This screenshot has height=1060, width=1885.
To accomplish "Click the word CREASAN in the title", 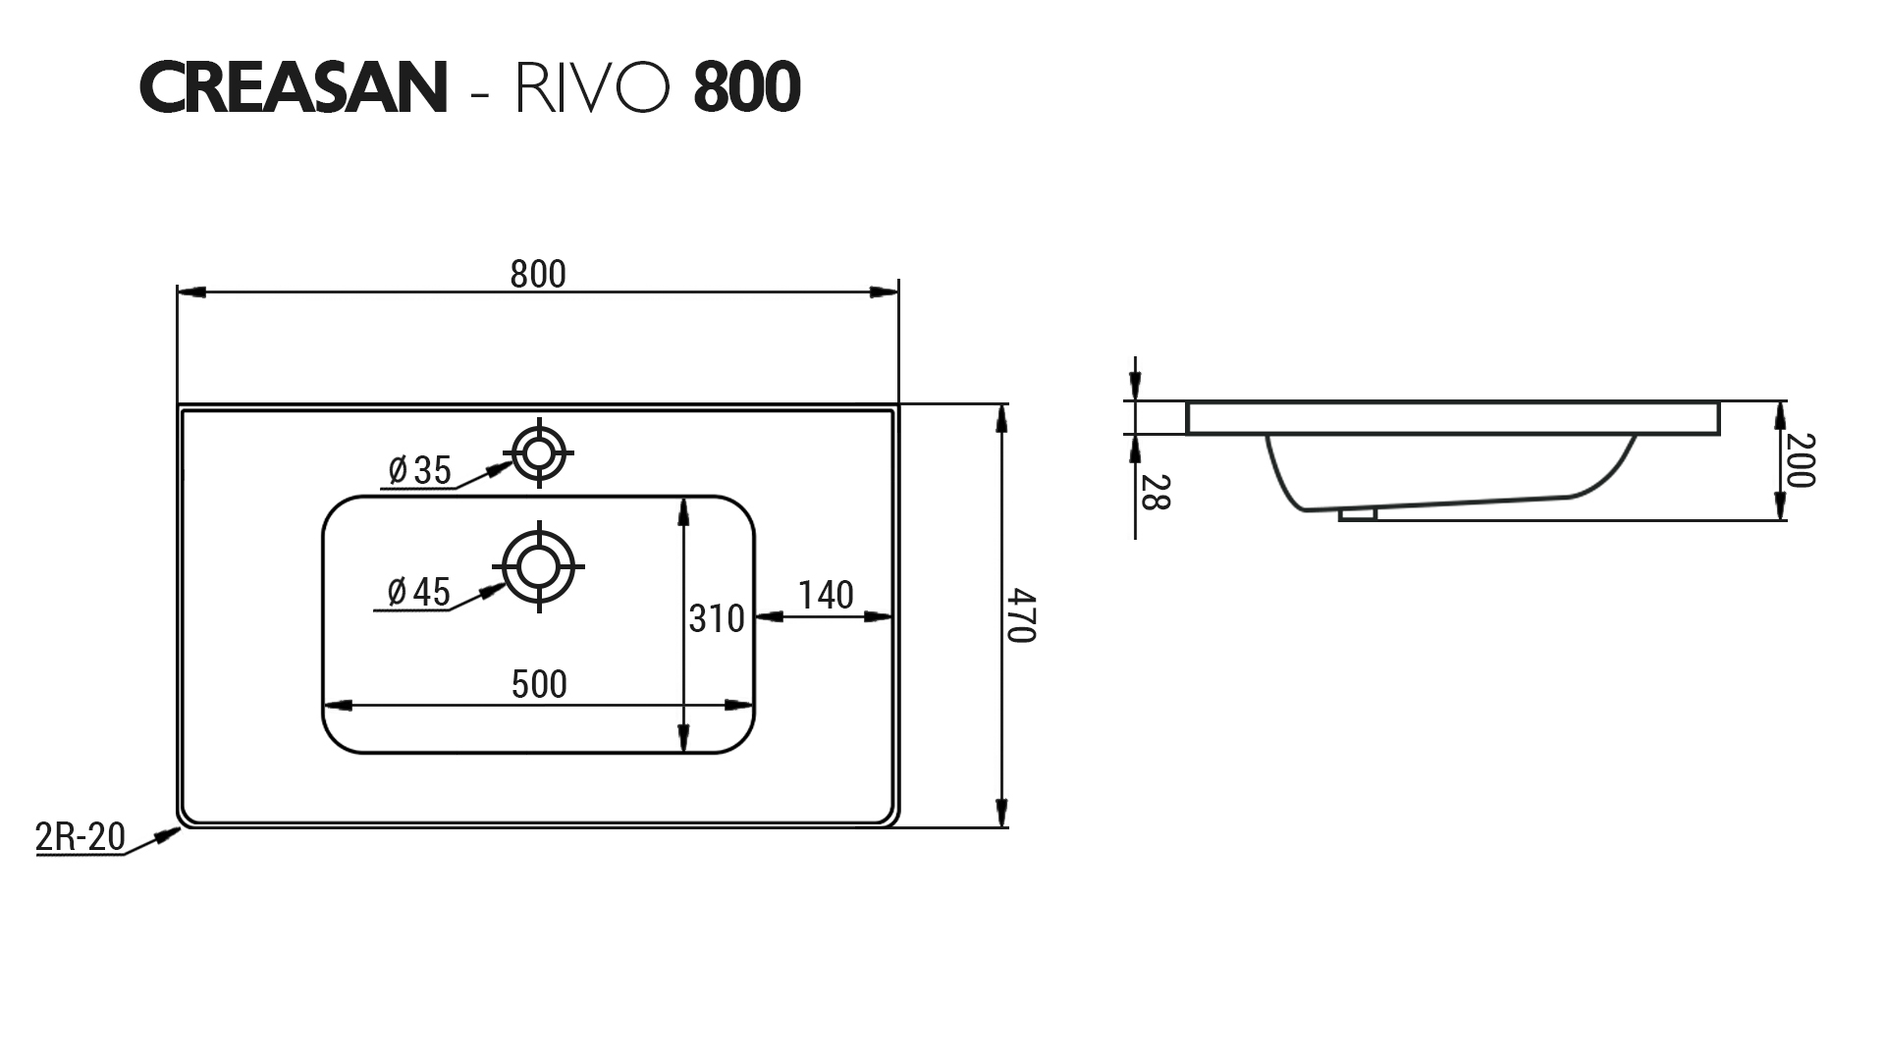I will tap(293, 88).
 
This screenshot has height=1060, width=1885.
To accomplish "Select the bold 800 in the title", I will tap(747, 88).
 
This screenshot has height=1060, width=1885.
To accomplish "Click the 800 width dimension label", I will tap(538, 275).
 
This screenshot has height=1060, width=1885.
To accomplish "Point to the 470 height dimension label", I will tap(1022, 615).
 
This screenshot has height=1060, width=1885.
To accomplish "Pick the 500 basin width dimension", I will tap(539, 684).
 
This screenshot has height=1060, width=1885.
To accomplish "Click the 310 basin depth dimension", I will tap(716, 619).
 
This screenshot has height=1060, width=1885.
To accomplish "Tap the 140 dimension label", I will tap(825, 596).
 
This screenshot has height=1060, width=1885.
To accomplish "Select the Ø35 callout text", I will tap(419, 471).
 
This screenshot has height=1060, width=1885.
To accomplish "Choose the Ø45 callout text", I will tap(418, 593).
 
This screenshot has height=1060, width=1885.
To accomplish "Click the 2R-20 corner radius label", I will tap(80, 837).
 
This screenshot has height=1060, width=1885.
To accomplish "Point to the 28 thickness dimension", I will tap(1157, 492).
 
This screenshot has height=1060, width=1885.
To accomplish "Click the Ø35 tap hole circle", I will tap(538, 453).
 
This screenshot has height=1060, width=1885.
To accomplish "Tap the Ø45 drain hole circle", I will tap(538, 566).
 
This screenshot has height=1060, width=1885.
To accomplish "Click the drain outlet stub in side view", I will tap(1358, 512).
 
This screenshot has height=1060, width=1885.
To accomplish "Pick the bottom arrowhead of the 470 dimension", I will tap(1000, 814).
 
